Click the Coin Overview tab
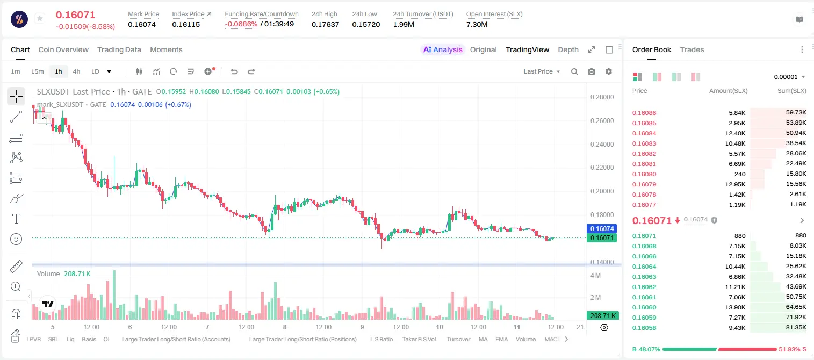[63, 49]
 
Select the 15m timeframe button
[37, 71]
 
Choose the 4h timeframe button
[76, 71]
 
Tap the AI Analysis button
[443, 49]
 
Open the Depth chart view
[568, 49]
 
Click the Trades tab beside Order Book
[692, 49]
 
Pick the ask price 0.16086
[644, 113]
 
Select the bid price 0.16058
[644, 328]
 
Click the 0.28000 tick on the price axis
[602, 97]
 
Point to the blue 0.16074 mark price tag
[602, 228]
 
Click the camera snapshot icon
[592, 71]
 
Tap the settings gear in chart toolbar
[609, 71]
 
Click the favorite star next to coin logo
[40, 18]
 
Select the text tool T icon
[16, 219]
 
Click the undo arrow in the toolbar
[234, 71]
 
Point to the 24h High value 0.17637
[325, 24]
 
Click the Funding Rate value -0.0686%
[241, 24]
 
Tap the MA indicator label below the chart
[483, 339]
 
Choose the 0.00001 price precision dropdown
[789, 77]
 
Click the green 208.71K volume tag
[602, 316]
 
